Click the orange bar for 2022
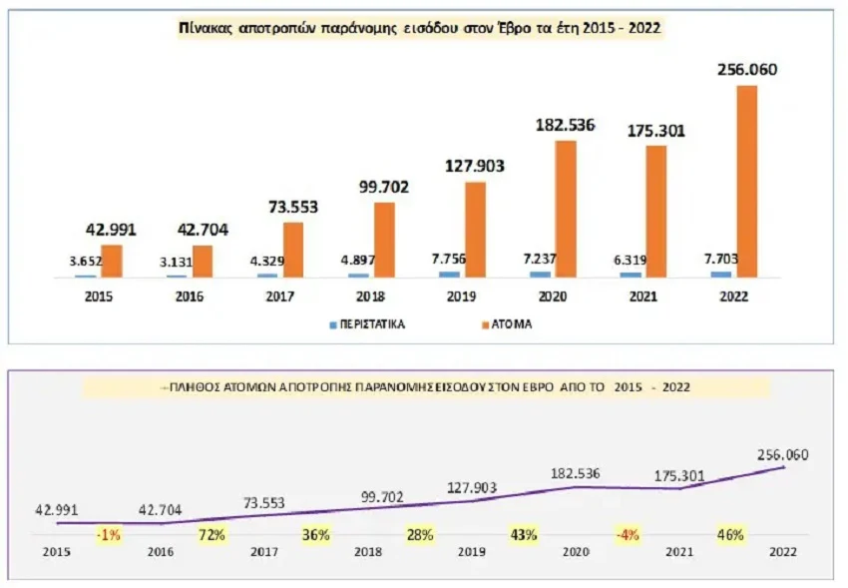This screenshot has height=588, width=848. pyautogui.click(x=746, y=181)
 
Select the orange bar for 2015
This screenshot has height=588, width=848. pyautogui.click(x=112, y=261)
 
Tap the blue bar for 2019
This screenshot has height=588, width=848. pyautogui.click(x=451, y=274)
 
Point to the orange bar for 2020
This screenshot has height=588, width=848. pyautogui.click(x=565, y=209)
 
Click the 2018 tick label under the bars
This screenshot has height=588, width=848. pyautogui.click(x=370, y=296)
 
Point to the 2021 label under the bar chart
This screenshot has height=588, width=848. pyautogui.click(x=644, y=296)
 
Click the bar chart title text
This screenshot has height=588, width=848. pyautogui.click(x=418, y=30)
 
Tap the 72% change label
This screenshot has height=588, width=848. pyautogui.click(x=212, y=535)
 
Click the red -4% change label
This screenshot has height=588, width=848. pyautogui.click(x=627, y=535)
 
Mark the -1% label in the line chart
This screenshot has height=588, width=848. pyautogui.click(x=108, y=535)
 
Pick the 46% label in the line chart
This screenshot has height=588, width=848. pyautogui.click(x=730, y=535)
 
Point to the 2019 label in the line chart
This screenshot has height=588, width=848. pyautogui.click(x=472, y=550)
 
